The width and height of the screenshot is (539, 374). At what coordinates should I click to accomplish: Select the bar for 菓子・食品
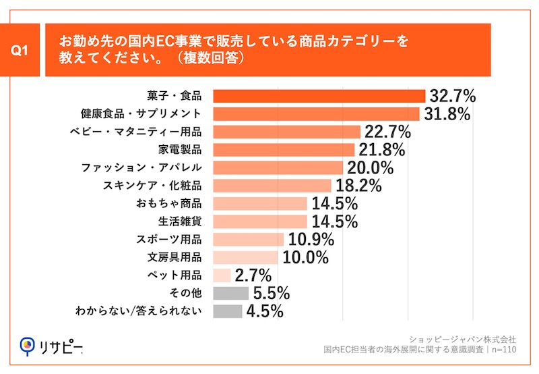click(319, 95)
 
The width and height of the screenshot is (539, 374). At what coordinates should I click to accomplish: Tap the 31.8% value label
click(445, 113)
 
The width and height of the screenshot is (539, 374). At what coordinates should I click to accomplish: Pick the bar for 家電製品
click(283, 149)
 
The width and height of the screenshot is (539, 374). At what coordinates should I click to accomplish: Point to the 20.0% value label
click(370, 167)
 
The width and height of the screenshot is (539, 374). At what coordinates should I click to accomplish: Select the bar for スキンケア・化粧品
click(272, 185)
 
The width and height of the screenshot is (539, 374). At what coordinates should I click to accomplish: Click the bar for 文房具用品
click(245, 257)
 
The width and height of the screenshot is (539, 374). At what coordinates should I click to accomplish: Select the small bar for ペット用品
click(222, 275)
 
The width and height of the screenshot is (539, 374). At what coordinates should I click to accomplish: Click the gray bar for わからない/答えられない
click(227, 311)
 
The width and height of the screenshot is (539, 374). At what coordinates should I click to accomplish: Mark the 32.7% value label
click(452, 95)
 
